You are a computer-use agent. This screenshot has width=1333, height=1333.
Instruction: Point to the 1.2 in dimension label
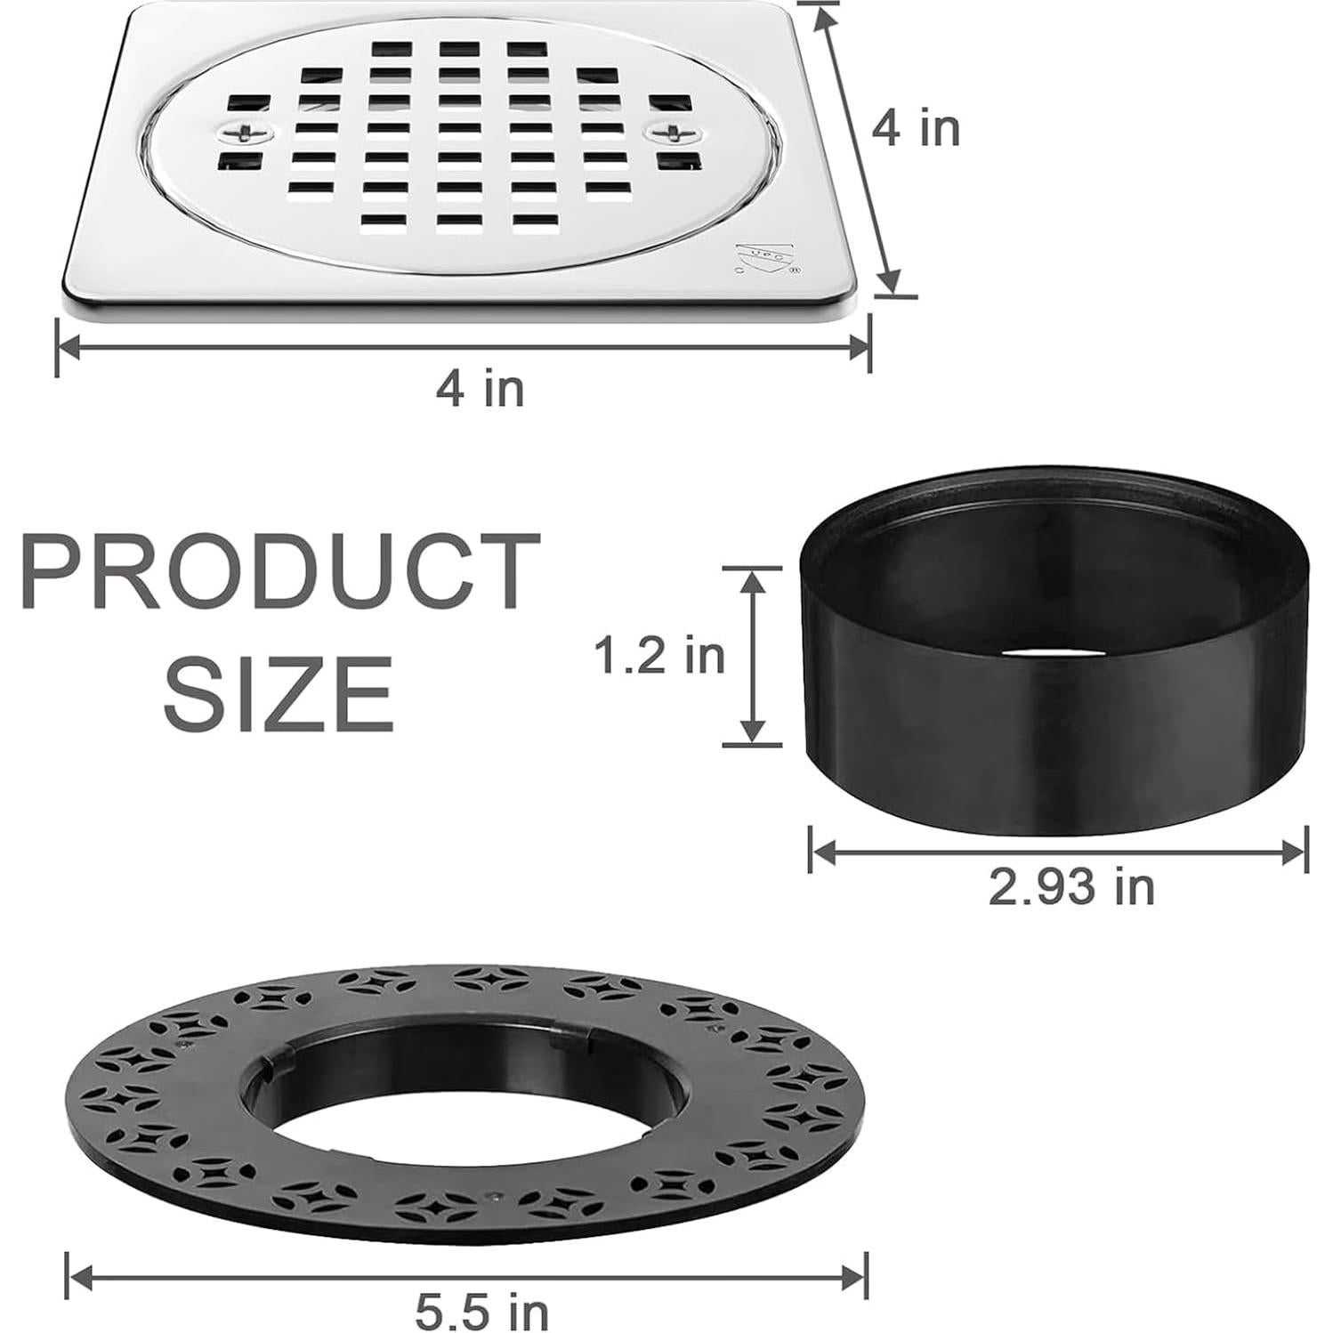point(659,656)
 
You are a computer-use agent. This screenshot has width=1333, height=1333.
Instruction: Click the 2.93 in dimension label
point(1071,886)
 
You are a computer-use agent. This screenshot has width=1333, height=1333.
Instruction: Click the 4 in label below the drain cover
point(480,388)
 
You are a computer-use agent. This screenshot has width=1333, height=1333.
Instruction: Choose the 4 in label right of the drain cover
point(916,129)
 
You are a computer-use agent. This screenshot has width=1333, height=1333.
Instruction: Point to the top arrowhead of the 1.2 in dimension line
point(754,578)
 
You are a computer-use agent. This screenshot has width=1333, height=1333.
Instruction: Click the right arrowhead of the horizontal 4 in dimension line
point(858,346)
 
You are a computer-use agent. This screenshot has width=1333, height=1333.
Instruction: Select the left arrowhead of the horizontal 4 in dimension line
point(69,346)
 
